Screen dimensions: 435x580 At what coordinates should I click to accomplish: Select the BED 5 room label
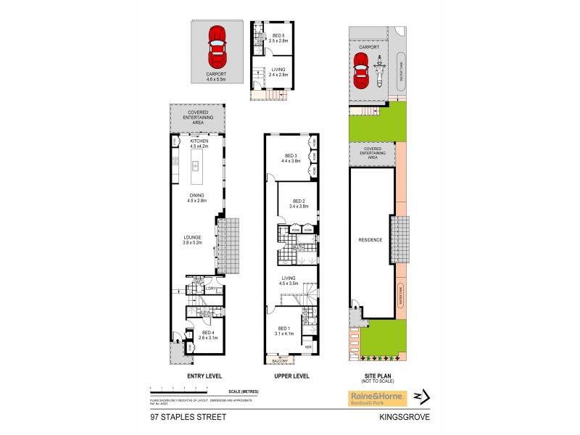[x=279, y=38]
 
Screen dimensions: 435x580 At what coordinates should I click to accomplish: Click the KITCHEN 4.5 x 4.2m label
[x=198, y=144]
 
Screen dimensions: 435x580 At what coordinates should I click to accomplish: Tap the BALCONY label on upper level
[x=281, y=360]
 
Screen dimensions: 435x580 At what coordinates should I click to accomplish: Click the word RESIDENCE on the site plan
[x=370, y=239]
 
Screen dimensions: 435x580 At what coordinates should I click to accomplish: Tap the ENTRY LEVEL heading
[x=204, y=376]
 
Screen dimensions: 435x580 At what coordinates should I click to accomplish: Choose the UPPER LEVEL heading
[x=292, y=376]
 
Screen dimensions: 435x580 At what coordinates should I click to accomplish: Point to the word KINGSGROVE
[x=402, y=417]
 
